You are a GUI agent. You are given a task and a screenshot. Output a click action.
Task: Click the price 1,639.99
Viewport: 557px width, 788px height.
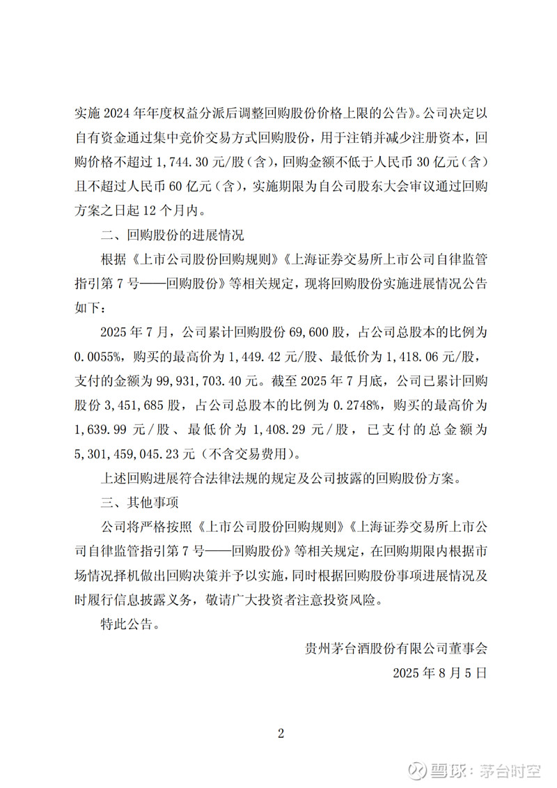click(x=105, y=430)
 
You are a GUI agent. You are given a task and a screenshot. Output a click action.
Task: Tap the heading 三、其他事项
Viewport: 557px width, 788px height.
click(x=139, y=502)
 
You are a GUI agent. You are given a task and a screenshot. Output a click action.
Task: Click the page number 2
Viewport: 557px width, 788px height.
click(x=281, y=732)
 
